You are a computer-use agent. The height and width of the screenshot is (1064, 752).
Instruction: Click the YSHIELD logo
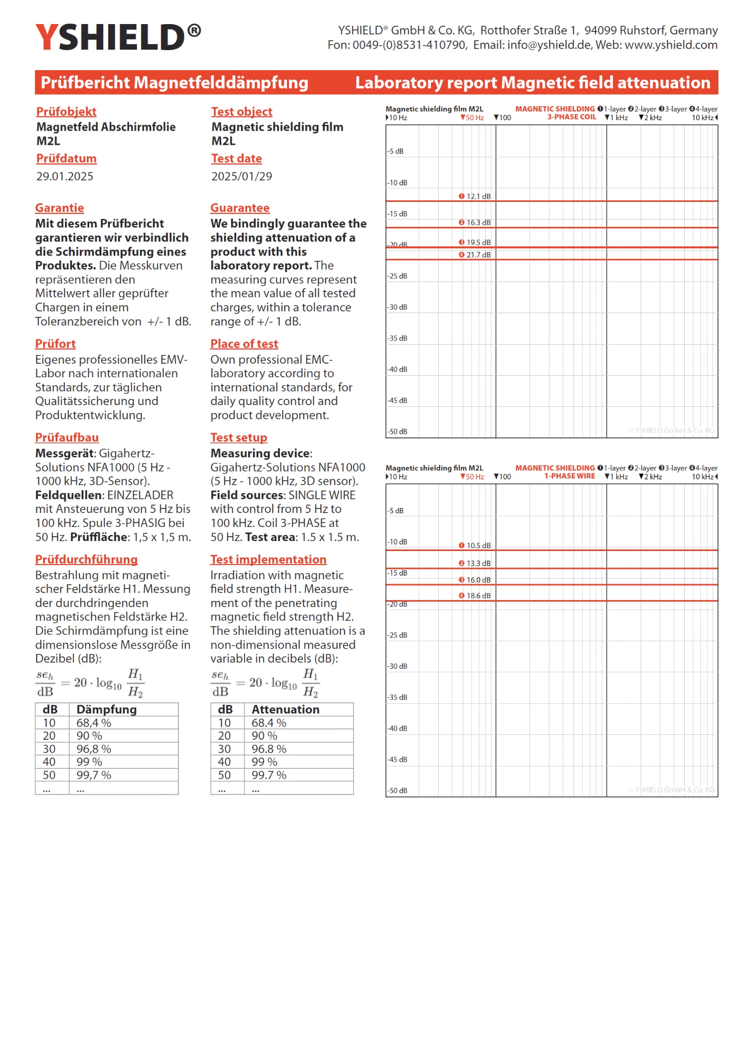click(x=118, y=37)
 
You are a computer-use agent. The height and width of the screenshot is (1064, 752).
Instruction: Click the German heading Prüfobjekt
click(x=66, y=112)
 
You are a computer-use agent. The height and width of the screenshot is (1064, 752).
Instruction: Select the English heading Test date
click(x=236, y=159)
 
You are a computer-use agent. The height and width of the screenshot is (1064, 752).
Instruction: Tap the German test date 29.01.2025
click(x=65, y=176)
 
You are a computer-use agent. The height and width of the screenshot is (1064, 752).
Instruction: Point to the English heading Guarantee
click(x=240, y=208)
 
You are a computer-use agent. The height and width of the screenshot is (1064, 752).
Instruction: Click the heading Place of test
click(x=244, y=344)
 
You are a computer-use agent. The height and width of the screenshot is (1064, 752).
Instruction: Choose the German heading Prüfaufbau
click(x=67, y=438)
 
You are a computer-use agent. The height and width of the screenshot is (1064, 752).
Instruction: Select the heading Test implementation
click(x=268, y=560)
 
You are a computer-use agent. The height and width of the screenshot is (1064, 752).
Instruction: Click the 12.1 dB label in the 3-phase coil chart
click(x=478, y=196)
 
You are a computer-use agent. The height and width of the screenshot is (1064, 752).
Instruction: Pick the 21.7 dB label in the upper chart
click(x=478, y=255)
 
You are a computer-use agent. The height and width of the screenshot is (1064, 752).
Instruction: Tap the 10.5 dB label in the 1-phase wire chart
click(x=478, y=546)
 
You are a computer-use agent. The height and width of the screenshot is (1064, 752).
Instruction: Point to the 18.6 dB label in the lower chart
click(x=478, y=596)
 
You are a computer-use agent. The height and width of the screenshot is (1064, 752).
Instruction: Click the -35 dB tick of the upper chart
click(x=398, y=338)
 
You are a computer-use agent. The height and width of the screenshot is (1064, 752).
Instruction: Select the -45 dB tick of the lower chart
click(x=398, y=759)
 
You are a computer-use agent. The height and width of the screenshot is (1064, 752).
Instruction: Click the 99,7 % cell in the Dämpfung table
click(x=94, y=775)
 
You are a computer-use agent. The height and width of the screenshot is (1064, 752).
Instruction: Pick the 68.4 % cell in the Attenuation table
click(x=269, y=723)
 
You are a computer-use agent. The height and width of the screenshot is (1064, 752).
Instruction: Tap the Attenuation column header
click(x=285, y=709)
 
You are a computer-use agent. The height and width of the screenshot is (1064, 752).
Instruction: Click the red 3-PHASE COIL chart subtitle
click(x=572, y=117)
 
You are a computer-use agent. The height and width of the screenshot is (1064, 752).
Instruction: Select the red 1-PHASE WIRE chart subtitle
click(x=570, y=476)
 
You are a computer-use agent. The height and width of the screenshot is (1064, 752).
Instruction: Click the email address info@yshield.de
click(x=549, y=45)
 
